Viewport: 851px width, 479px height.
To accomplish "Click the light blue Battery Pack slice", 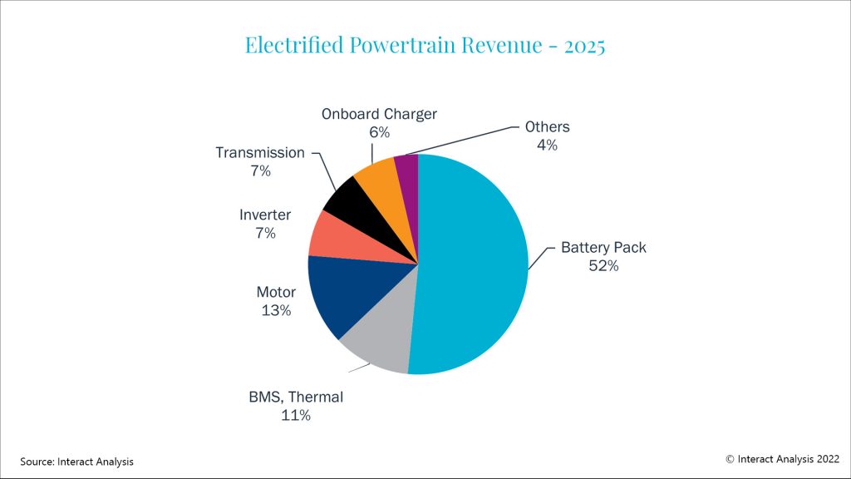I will coord(474,266).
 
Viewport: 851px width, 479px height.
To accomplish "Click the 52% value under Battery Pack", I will coord(603,266).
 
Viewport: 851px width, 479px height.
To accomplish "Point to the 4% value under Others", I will coord(546,146).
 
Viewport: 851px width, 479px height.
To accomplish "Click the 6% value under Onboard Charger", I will coord(379,132).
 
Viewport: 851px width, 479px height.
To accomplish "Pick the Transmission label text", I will coord(260,153).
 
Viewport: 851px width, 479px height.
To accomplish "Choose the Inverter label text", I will coord(265,215).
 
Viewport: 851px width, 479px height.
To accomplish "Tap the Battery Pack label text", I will coord(603,247).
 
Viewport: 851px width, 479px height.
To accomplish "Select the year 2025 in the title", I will coord(584,45).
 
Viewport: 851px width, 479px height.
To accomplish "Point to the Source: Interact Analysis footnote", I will coord(76,461).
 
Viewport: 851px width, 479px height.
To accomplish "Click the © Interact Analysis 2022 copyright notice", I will coord(782,458).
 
